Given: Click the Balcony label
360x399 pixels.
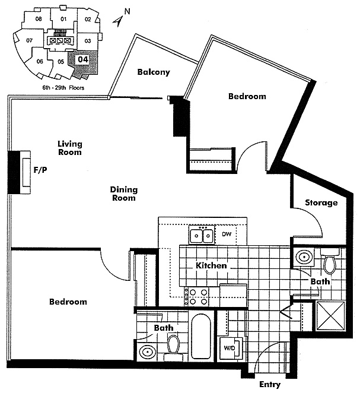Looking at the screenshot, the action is click(154, 72).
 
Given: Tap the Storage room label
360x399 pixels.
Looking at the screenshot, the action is click(321, 202).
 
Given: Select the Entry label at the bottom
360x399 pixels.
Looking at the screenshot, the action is click(270, 385).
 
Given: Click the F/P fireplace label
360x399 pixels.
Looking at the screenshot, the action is click(40, 170).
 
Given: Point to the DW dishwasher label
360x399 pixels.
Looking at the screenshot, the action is click(227, 234).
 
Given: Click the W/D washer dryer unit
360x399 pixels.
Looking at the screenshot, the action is click(231, 348).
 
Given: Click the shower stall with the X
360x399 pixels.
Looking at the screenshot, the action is click(330, 316).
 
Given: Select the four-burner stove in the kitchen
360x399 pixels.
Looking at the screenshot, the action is click(196, 297).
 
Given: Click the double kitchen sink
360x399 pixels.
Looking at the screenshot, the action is click(202, 235).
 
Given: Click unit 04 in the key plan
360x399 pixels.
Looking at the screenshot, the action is click(83, 60).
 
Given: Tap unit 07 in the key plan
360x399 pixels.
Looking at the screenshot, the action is click(30, 40).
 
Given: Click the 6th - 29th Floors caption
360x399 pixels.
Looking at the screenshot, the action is click(63, 88).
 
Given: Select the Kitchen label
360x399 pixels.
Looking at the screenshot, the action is click(211, 265).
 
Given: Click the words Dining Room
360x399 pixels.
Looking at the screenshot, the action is click(124, 194).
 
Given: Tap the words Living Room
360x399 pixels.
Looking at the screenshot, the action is click(70, 148).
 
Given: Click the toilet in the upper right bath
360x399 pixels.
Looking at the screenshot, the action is click(330, 261).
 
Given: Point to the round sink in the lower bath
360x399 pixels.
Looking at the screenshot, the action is click(148, 352).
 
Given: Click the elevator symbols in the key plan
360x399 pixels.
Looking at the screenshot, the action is click(60, 40).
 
